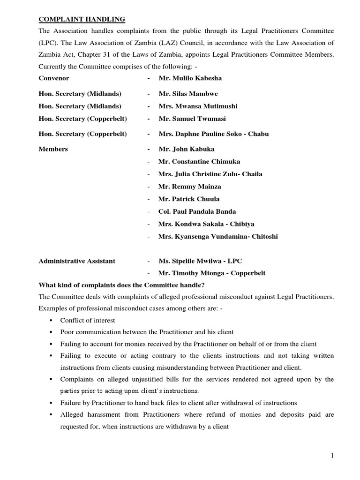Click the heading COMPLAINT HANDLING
[82, 19]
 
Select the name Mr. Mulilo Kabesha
[190, 78]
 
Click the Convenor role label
[54, 78]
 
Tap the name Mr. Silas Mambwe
[188, 94]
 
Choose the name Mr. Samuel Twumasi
[192, 119]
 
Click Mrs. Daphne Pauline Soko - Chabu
[214, 134]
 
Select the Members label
[53, 149]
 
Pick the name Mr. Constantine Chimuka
[199, 161]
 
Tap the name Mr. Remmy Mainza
[190, 187]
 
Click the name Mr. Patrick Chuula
[189, 199]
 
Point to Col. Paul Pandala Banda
[197, 211]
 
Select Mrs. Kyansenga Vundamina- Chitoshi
[218, 236]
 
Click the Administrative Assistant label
[77, 261]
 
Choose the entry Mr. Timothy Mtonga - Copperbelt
[212, 273]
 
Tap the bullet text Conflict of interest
[88, 320]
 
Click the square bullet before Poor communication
[49, 332]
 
